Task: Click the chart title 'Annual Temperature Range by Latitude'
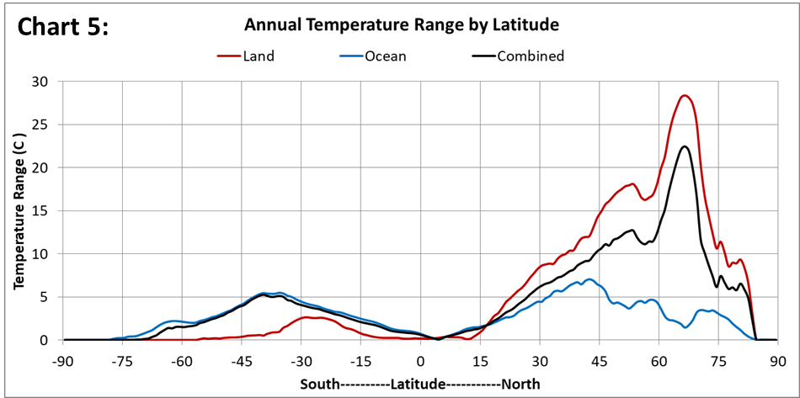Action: click(402, 25)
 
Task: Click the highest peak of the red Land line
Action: click(685, 96)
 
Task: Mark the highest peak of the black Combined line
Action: click(685, 146)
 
